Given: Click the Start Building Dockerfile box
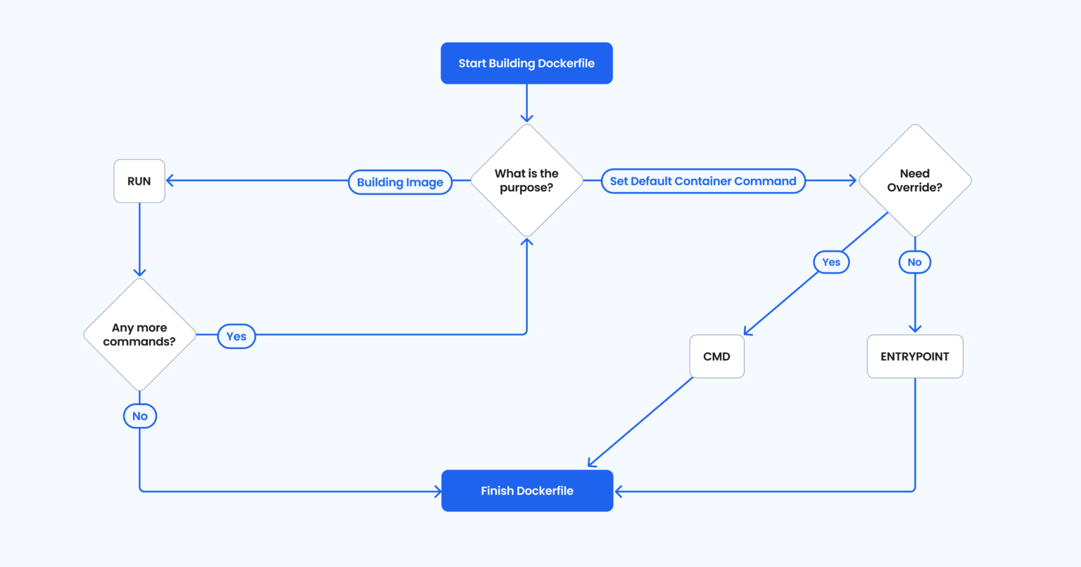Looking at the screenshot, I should tap(526, 63).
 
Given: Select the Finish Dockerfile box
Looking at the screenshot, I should tap(527, 491).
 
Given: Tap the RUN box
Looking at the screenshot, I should tap(139, 181).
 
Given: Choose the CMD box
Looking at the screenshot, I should tap(716, 357).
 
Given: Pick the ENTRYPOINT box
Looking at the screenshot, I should tap(914, 357).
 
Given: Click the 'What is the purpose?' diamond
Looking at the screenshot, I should tap(526, 181).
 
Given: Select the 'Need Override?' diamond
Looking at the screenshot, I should tap(914, 181).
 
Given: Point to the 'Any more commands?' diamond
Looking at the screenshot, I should tap(139, 335).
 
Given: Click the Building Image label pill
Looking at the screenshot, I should tap(400, 182).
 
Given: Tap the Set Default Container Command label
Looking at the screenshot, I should tap(702, 181).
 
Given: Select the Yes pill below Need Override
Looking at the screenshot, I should tap(831, 262).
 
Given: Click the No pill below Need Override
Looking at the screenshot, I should tap(914, 262).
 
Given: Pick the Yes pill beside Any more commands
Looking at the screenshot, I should tap(236, 336).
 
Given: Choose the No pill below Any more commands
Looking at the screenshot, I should tap(140, 416).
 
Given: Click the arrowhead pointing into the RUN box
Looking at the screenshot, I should tap(170, 181).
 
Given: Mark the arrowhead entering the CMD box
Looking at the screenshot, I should tap(748, 331).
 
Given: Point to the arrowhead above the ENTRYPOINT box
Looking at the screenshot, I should tap(914, 328).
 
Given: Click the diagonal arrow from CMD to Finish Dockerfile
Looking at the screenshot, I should tap(640, 422).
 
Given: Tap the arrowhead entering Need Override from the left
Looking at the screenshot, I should tap(852, 181).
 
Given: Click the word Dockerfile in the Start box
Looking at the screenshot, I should tap(566, 63).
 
